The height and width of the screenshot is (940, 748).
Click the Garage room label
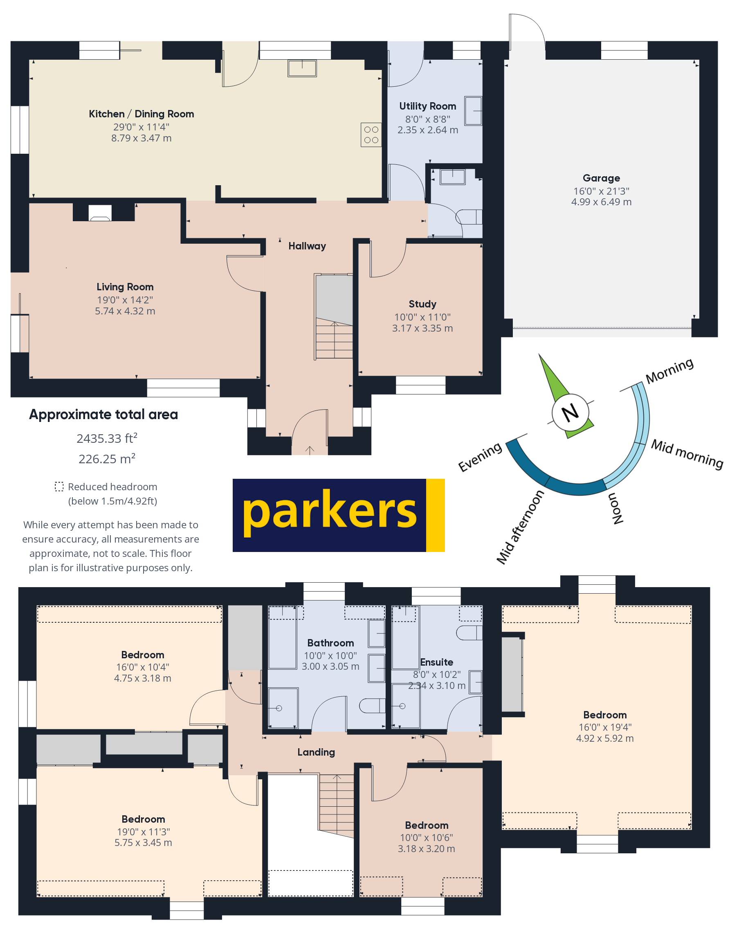click(x=601, y=178)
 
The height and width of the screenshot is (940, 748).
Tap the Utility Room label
click(x=427, y=106)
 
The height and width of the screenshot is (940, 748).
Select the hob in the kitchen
click(x=371, y=135)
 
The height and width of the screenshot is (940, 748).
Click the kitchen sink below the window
click(x=302, y=68)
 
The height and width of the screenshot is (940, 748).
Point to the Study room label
click(x=422, y=304)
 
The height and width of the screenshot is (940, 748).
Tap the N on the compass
click(x=570, y=412)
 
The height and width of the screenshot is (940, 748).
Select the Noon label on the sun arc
click(x=615, y=508)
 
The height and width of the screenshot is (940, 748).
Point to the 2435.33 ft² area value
click(x=107, y=438)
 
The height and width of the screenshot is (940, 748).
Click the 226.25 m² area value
click(x=107, y=459)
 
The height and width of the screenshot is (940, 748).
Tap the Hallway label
click(x=307, y=246)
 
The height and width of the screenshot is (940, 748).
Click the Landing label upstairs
click(x=316, y=752)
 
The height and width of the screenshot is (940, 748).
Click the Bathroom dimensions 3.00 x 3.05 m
click(x=330, y=666)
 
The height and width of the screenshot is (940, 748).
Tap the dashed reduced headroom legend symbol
click(x=59, y=487)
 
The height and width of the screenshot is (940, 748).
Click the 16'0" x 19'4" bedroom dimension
click(x=604, y=727)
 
